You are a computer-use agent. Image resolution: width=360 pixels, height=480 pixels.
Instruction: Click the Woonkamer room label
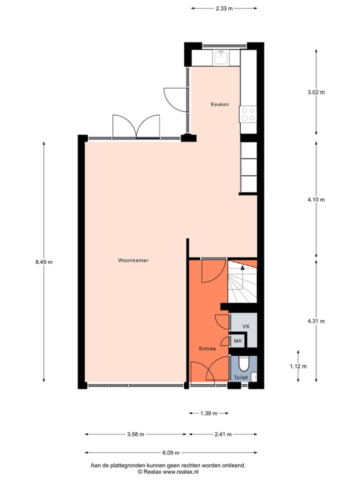click(x=133, y=260)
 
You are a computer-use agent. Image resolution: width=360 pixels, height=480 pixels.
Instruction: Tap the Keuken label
click(x=219, y=104)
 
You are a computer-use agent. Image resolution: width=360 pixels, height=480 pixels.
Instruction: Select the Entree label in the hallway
click(x=207, y=348)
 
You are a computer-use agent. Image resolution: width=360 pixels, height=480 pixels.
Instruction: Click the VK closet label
click(x=245, y=326)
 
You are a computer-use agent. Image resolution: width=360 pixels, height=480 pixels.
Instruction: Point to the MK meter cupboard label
click(x=237, y=341)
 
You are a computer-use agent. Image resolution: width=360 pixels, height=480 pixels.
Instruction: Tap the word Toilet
click(x=240, y=377)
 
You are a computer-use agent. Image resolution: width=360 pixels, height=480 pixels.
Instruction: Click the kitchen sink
click(x=221, y=58)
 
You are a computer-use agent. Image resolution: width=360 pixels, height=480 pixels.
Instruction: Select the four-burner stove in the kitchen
click(x=248, y=114)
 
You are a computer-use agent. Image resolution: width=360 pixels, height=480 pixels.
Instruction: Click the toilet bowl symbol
click(x=244, y=363)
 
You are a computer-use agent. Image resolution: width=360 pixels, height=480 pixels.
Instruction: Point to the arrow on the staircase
click(x=243, y=268)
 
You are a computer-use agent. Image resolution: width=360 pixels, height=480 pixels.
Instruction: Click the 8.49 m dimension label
click(x=44, y=261)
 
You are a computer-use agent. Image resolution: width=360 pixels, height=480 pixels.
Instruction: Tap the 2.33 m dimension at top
click(x=224, y=8)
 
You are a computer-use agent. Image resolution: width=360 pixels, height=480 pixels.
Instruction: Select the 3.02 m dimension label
click(x=316, y=92)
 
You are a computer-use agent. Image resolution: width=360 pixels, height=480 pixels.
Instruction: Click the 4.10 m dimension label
click(x=316, y=199)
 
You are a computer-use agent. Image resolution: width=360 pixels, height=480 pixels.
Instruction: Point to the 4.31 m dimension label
click(x=316, y=321)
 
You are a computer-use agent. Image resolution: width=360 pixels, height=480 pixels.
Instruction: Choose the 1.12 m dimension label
click(x=298, y=366)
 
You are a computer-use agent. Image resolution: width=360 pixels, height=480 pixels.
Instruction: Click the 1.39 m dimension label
click(x=208, y=413)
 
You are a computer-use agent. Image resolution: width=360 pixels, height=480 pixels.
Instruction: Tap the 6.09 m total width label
click(x=171, y=453)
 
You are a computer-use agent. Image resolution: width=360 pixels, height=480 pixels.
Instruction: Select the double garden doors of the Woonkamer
click(x=135, y=126)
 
